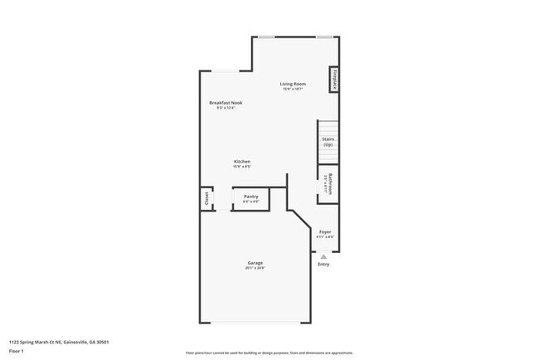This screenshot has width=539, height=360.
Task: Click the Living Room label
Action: tap(294, 84)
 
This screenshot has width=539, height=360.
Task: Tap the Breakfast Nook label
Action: tap(226, 102)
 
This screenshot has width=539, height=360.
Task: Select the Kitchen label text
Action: tap(242, 161)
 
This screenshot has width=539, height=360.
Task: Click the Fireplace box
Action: tap(333, 79)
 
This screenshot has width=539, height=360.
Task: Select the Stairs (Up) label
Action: tap(328, 142)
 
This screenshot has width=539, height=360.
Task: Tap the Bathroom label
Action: tap(328, 182)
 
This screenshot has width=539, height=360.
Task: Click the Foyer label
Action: tap(325, 231)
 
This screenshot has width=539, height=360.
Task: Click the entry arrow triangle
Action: tap(323, 256)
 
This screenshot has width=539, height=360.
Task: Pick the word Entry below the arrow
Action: tap(323, 265)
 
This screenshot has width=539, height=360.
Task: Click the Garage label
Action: tap(255, 263)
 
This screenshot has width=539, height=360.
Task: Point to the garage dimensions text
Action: tap(255, 269)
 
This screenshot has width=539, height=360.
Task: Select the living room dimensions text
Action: tap(294, 90)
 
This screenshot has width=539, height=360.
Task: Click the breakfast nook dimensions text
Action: tap(226, 108)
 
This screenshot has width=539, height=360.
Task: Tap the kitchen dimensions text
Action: tap(242, 167)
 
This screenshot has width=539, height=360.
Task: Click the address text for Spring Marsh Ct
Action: tap(60, 341)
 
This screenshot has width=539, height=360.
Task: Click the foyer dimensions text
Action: tap(325, 237)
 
